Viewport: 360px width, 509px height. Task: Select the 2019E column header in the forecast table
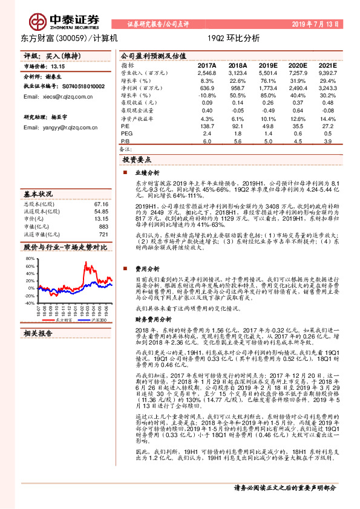tap(268, 65)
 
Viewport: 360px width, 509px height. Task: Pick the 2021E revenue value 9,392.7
tap(327, 72)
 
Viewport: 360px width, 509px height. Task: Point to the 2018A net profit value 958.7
tap(237, 88)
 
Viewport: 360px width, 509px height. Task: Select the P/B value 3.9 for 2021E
tap(327, 141)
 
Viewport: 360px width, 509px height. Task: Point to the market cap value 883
tap(103, 226)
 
